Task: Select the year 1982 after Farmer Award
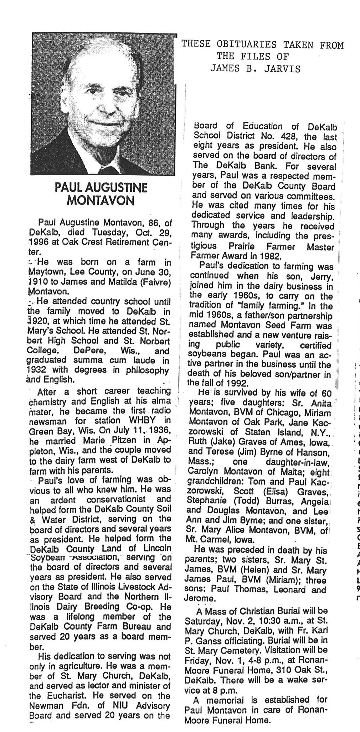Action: click(271, 255)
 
